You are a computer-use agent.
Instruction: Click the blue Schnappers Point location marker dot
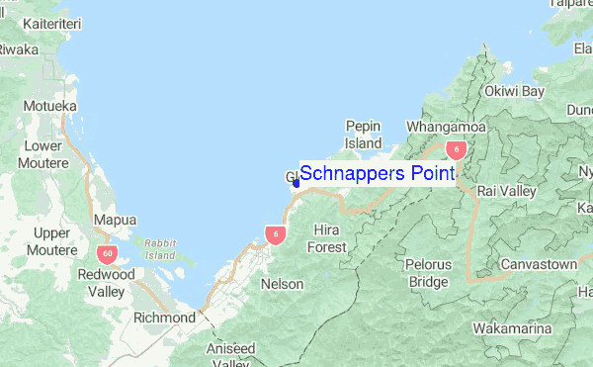296,182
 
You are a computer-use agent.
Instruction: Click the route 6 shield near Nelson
276,234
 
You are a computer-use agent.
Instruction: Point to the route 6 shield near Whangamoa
456,149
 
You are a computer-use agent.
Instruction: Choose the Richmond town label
164,318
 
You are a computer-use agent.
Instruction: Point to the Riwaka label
20,48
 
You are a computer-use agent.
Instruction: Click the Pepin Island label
363,135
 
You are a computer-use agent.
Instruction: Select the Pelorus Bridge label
428,274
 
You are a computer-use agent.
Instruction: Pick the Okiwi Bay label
514,91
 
